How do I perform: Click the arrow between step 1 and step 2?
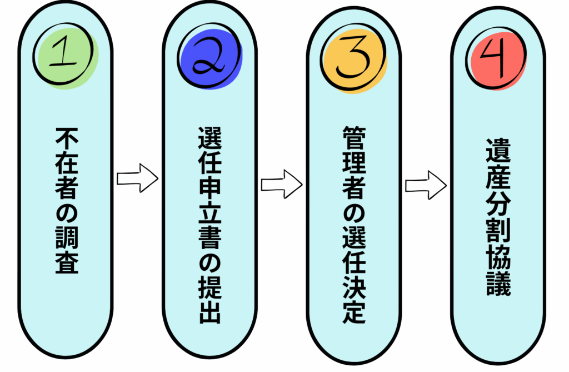click(137, 178)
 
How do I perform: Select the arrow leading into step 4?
click(425, 183)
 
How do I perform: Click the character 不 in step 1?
click(66, 138)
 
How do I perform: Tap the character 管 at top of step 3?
click(354, 137)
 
